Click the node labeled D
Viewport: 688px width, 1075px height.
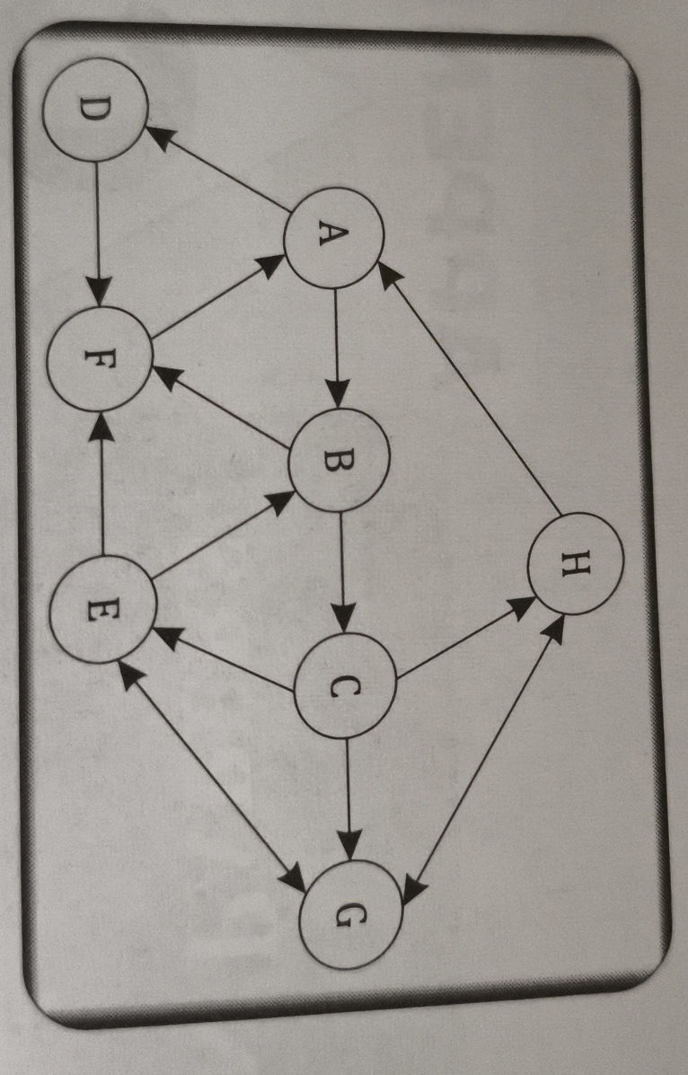[95, 110]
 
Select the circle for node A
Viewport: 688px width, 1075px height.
[333, 236]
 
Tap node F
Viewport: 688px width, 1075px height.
[100, 358]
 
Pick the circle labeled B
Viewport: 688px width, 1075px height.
[339, 459]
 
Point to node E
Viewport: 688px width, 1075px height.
[103, 609]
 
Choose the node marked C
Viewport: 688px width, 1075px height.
[345, 686]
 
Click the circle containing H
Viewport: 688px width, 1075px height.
[576, 563]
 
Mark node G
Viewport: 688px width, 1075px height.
[350, 913]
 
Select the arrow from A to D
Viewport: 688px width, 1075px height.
[217, 169]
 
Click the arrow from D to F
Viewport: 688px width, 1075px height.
[97, 234]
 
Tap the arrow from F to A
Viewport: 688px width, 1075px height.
[218, 296]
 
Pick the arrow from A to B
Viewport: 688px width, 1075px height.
[335, 348]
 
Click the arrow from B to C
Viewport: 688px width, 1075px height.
[341, 572]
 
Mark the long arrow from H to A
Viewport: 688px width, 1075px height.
[469, 390]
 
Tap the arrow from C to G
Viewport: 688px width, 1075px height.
[348, 799]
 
